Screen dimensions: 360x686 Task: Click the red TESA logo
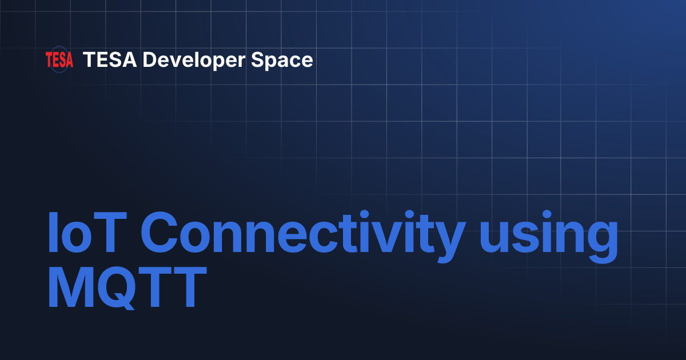pyautogui.click(x=59, y=60)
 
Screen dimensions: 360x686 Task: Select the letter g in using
pyautogui.click(x=600, y=240)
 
